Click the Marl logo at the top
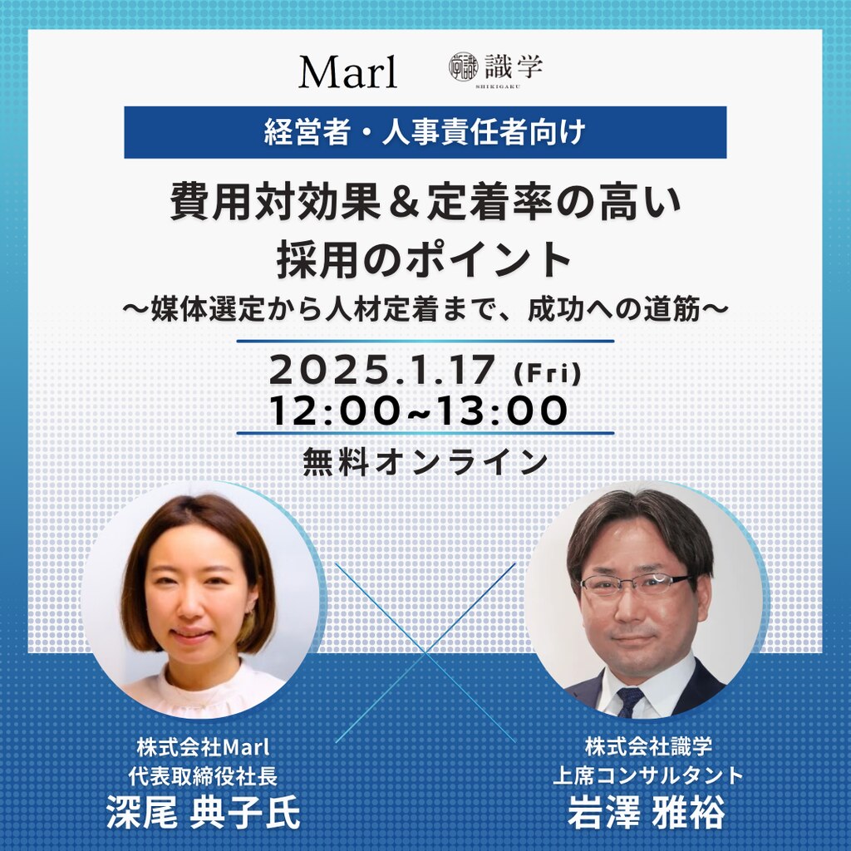[x=348, y=72]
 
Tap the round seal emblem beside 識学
[x=463, y=67]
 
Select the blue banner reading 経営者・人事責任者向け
[x=425, y=132]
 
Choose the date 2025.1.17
[x=381, y=371]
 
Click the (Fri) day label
[x=547, y=375]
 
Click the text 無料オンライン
[x=425, y=462]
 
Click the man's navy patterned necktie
[x=630, y=701]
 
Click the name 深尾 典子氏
[x=203, y=813]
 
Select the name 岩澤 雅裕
[x=647, y=813]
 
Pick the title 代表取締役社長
[x=203, y=776]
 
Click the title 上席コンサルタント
[x=647, y=775]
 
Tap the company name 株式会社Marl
[x=203, y=748]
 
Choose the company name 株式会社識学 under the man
[x=648, y=747]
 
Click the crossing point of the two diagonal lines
[x=425, y=652]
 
